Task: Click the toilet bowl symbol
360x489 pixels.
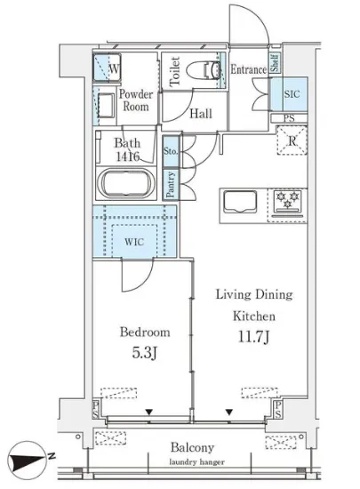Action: (x=204, y=70)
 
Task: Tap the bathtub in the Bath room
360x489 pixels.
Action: (x=126, y=183)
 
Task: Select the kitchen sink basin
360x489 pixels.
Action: (x=240, y=202)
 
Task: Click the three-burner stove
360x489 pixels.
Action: (x=287, y=203)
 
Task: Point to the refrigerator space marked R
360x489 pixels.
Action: (x=292, y=140)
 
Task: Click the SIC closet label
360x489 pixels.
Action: (x=292, y=93)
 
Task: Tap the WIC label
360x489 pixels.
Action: (x=134, y=242)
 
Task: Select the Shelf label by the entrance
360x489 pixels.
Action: (x=276, y=63)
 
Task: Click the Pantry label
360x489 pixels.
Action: (x=170, y=185)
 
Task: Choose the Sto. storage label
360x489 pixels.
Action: (x=171, y=151)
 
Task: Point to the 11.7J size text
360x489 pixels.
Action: (x=253, y=337)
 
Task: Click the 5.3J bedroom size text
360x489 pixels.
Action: (x=144, y=353)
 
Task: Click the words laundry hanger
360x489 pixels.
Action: (x=196, y=462)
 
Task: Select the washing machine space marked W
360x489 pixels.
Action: (x=107, y=68)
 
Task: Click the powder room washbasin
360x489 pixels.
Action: (x=106, y=105)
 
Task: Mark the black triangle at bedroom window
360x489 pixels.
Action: (x=149, y=413)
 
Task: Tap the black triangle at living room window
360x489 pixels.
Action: (x=229, y=413)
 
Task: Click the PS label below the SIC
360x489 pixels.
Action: (x=289, y=118)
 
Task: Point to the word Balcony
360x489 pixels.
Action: (x=192, y=448)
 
